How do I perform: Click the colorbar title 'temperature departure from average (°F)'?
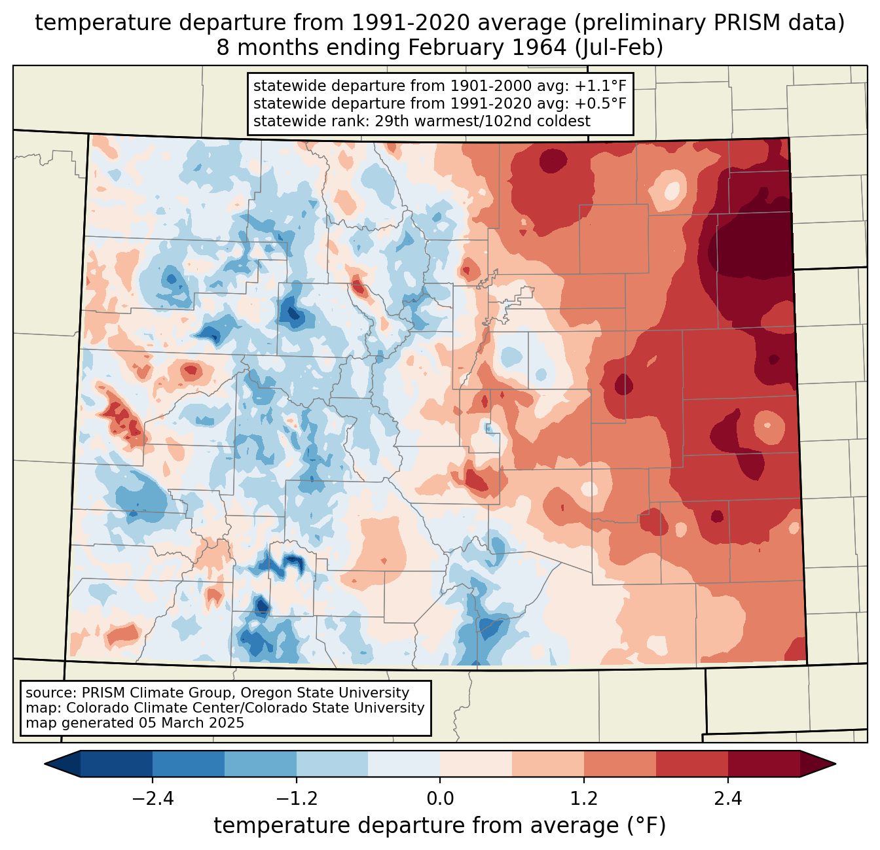point(440,826)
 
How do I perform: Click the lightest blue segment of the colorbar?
point(404,764)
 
